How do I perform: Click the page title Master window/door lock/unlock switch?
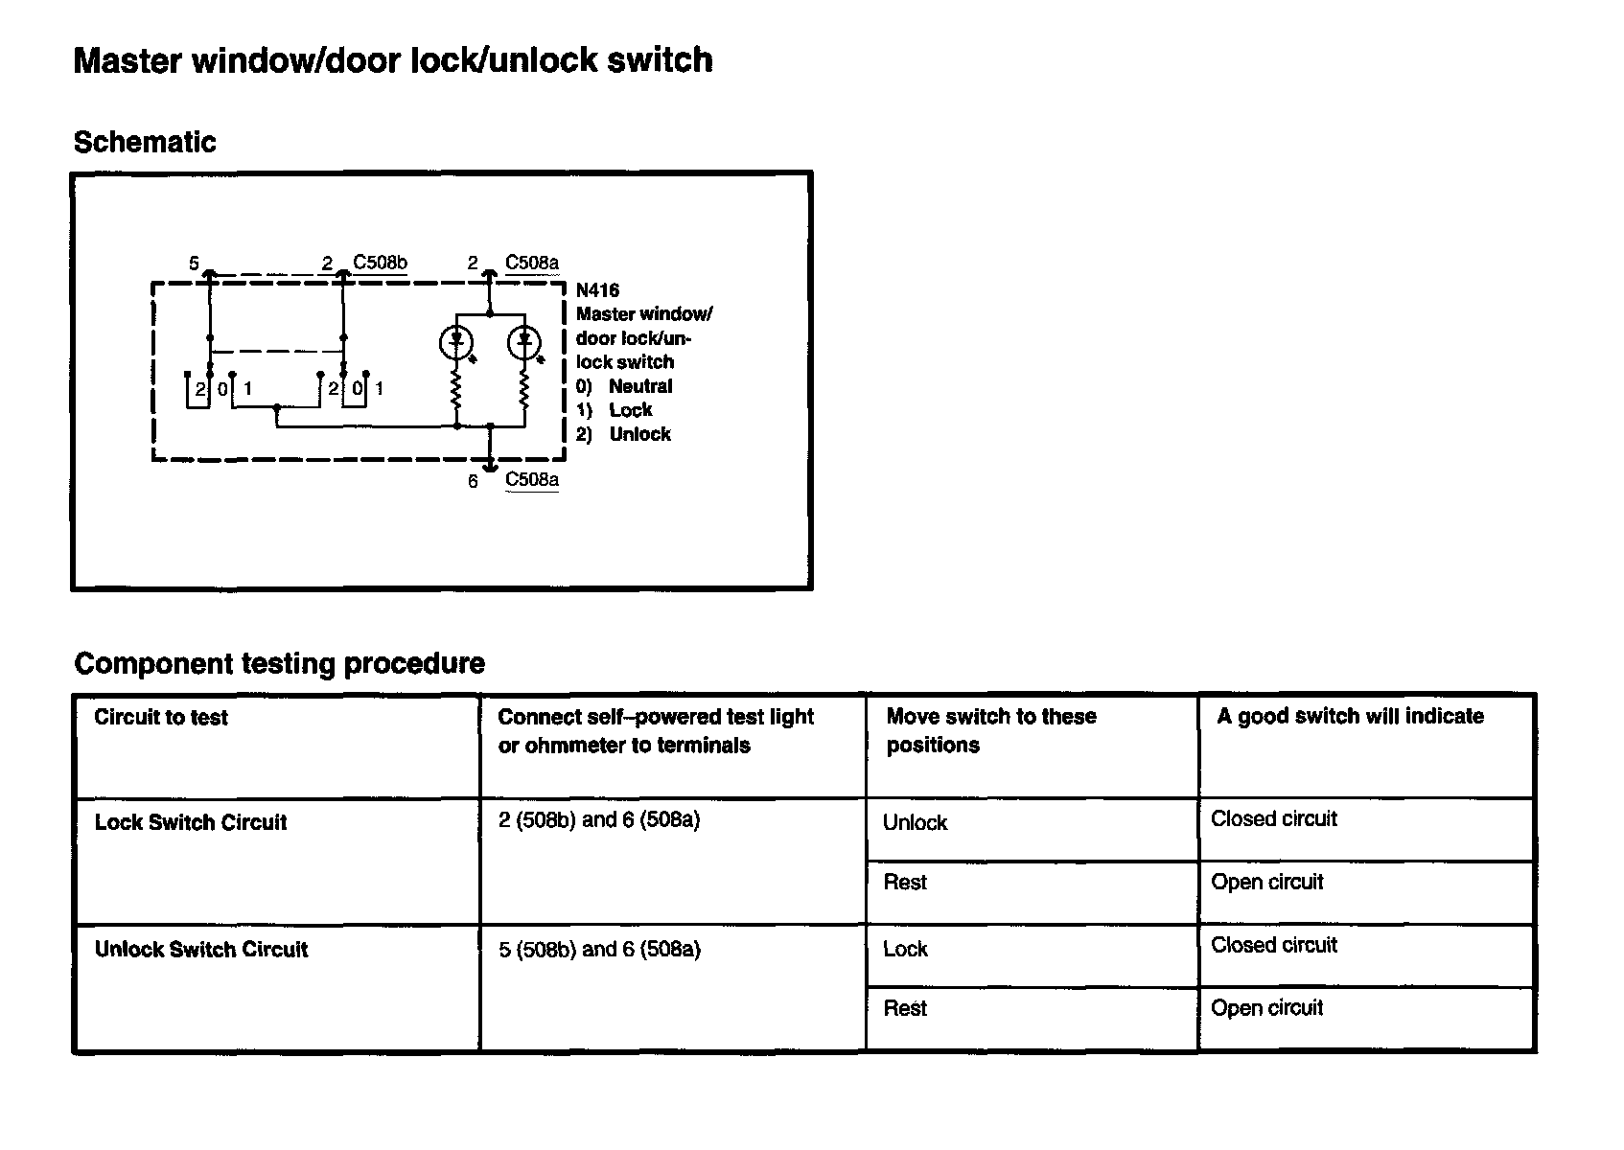click(x=393, y=60)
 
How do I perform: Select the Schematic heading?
click(x=145, y=142)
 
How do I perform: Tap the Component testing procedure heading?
click(x=279, y=663)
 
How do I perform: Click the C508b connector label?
click(x=380, y=263)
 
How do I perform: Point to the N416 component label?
click(x=597, y=289)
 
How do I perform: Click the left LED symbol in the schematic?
click(x=456, y=341)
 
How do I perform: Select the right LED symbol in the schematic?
click(x=524, y=341)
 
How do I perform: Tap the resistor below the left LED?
click(x=456, y=391)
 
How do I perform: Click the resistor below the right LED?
click(x=524, y=391)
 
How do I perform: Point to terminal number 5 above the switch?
click(x=194, y=263)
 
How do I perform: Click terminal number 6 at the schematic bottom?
click(x=473, y=481)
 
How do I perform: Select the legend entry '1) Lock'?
click(x=615, y=410)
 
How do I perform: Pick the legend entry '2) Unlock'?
click(x=623, y=434)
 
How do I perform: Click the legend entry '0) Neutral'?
click(x=624, y=386)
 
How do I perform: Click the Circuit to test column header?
click(x=161, y=718)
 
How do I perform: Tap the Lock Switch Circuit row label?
click(x=191, y=822)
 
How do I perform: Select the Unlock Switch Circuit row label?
click(x=201, y=950)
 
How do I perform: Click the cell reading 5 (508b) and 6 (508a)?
click(x=599, y=950)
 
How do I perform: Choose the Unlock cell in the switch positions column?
click(x=915, y=823)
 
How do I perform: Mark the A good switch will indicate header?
click(x=1350, y=717)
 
